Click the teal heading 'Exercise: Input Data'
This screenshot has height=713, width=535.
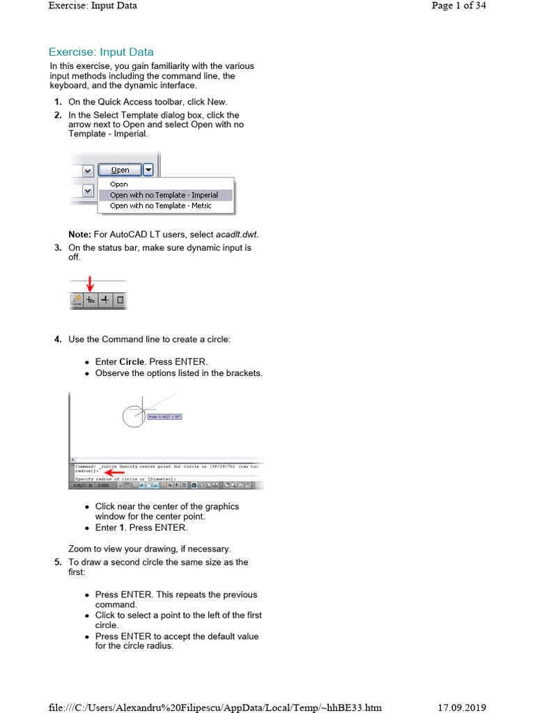pyautogui.click(x=101, y=52)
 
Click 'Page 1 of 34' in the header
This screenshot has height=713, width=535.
pyautogui.click(x=458, y=6)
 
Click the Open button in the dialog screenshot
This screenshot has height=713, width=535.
pyautogui.click(x=120, y=170)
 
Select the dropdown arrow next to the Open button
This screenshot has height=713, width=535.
pyautogui.click(x=148, y=170)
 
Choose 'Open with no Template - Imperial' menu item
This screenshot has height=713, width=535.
pyautogui.click(x=164, y=196)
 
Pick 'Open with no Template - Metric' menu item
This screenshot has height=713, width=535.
pyautogui.click(x=160, y=206)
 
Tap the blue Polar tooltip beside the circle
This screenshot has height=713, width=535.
pyautogui.click(x=164, y=417)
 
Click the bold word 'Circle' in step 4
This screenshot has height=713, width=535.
pyautogui.click(x=132, y=362)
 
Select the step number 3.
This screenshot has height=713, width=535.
pyautogui.click(x=57, y=248)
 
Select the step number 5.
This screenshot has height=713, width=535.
pyautogui.click(x=57, y=563)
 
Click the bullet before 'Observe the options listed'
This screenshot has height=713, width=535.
pyautogui.click(x=87, y=374)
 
